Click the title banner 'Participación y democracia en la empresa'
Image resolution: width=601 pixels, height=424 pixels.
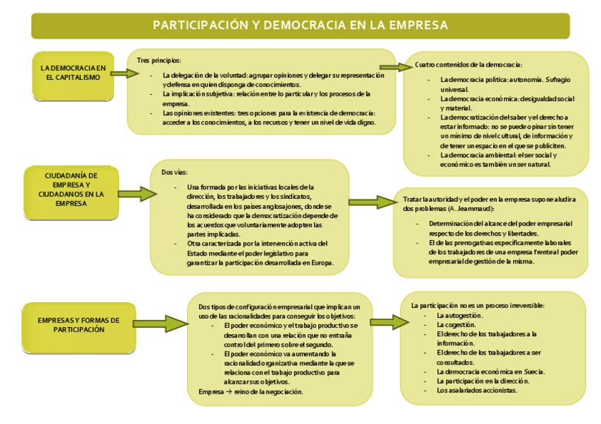pyautogui.click(x=300, y=25)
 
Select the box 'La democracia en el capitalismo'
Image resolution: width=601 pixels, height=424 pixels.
pyautogui.click(x=73, y=73)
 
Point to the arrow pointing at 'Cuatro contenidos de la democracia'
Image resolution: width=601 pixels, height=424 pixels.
pyautogui.click(x=397, y=67)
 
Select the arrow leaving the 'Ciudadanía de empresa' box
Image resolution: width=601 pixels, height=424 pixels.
pyautogui.click(x=134, y=192)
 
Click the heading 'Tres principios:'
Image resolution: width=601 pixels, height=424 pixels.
pyautogui.click(x=159, y=60)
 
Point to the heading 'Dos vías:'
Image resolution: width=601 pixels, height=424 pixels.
pyautogui.click(x=174, y=172)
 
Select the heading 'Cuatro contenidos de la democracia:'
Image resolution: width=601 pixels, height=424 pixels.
pyautogui.click(x=468, y=64)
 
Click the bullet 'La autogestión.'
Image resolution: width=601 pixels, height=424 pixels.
pyautogui.click(x=459, y=315)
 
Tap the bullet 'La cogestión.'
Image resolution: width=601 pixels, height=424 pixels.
pyautogui.click(x=456, y=324)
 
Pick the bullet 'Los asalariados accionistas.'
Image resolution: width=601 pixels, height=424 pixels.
pyautogui.click(x=477, y=390)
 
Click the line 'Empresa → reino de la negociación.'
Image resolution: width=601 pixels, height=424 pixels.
pyautogui.click(x=251, y=391)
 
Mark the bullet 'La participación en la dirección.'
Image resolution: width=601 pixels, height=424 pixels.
pyautogui.click(x=483, y=381)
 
